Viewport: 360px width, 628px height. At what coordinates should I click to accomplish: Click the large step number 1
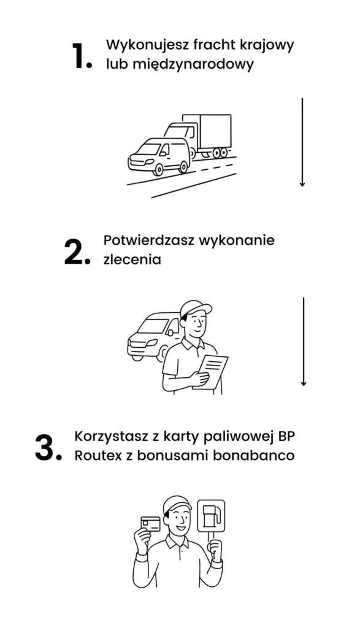pos(82,55)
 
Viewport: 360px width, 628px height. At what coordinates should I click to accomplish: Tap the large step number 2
pos(77,251)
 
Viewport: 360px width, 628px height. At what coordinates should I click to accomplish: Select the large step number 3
pos(48,448)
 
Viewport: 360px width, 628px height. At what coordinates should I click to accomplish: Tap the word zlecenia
pos(132,259)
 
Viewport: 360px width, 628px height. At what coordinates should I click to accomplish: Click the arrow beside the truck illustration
pos(302,142)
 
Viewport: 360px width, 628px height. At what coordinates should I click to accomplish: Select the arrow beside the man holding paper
pos(304,342)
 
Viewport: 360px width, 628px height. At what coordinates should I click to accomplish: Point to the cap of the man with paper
pos(196,309)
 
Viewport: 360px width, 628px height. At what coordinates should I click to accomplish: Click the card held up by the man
pos(151,524)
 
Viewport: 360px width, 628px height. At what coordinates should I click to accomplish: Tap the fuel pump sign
pos(211,516)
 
